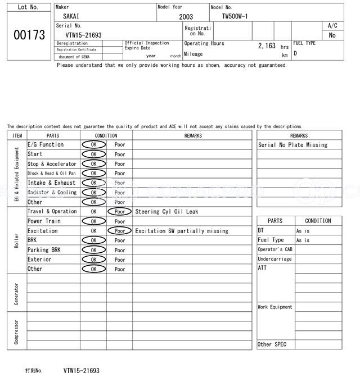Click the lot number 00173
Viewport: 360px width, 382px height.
pyautogui.click(x=29, y=35)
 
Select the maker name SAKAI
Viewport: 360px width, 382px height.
pyautogui.click(x=71, y=16)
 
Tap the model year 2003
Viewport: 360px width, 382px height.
pyautogui.click(x=186, y=17)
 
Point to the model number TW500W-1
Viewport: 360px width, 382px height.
pyautogui.click(x=235, y=16)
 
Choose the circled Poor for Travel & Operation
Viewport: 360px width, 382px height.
pyautogui.click(x=120, y=212)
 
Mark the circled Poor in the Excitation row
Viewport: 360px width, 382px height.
pyautogui.click(x=120, y=231)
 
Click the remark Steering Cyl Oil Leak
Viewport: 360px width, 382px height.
pyautogui.click(x=166, y=212)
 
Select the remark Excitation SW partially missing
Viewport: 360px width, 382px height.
pyautogui.click(x=182, y=231)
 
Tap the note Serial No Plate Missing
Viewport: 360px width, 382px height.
pyautogui.click(x=292, y=145)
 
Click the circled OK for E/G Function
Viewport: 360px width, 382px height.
pyautogui.click(x=93, y=144)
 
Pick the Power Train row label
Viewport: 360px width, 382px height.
pyautogui.click(x=44, y=221)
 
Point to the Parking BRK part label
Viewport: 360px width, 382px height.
pyautogui.click(x=44, y=250)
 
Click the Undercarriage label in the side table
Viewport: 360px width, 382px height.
pyautogui.click(x=274, y=259)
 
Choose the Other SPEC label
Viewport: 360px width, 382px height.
pyautogui.click(x=272, y=344)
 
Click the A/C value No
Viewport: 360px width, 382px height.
pyautogui.click(x=332, y=35)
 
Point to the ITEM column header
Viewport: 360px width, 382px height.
pyautogui.click(x=17, y=135)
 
